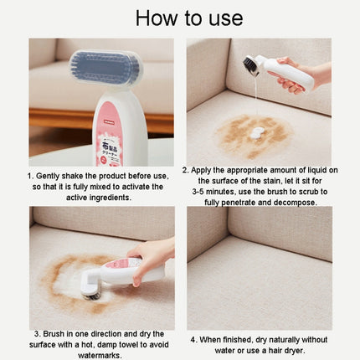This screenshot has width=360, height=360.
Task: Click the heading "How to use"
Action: click(x=180, y=18)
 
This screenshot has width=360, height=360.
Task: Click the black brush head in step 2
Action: click(x=252, y=65)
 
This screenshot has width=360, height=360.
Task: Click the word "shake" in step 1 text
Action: click(x=81, y=177)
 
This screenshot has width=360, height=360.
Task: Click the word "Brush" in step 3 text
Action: click(x=52, y=334)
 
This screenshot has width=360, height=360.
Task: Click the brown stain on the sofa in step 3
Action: click(x=67, y=276)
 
